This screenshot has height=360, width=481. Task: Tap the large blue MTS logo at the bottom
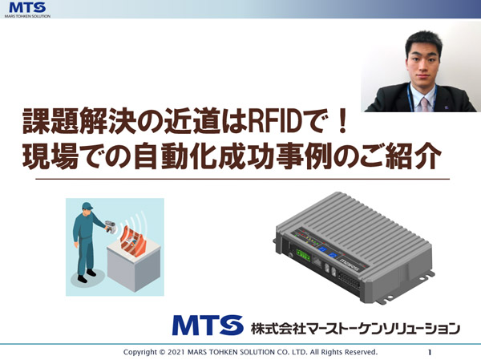208,325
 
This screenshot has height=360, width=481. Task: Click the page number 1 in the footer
430,352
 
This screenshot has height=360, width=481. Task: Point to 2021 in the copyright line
176,352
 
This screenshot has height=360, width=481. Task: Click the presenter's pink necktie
424,104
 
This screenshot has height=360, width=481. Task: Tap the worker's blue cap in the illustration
87,205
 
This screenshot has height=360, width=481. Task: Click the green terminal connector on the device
303,255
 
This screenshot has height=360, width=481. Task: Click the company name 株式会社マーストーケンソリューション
355,329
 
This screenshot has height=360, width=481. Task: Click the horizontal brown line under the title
242,179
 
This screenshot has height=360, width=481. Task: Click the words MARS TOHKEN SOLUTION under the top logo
27,16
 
